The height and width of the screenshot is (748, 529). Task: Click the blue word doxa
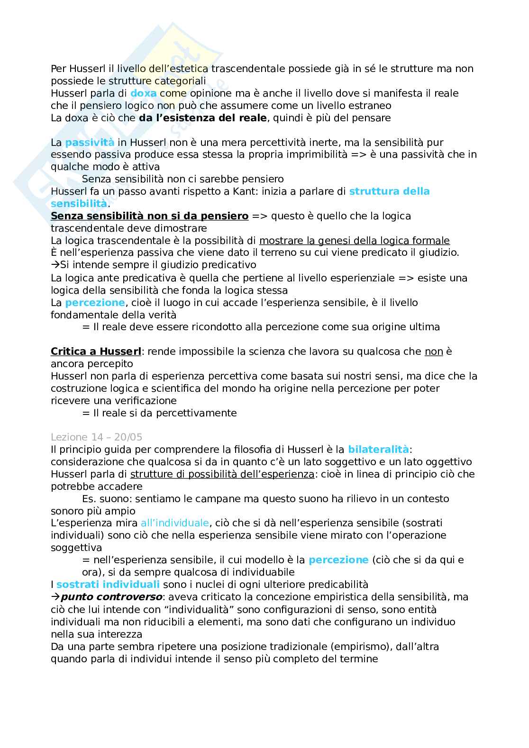143,93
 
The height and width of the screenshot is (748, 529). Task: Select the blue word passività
90,143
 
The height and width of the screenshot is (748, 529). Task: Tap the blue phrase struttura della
389,191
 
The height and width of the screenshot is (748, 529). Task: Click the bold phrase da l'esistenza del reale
202,118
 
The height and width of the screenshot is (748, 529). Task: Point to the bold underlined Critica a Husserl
96,351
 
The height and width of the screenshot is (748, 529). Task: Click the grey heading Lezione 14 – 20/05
96,437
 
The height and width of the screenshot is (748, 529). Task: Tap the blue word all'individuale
174,523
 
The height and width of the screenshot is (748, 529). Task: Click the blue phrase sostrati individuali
108,585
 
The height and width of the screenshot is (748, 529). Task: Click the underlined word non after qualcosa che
434,351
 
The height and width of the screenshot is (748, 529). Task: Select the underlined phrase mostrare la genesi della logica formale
354,241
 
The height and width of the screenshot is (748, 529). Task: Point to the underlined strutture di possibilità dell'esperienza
222,474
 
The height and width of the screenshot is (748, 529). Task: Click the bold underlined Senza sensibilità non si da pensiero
149,216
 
